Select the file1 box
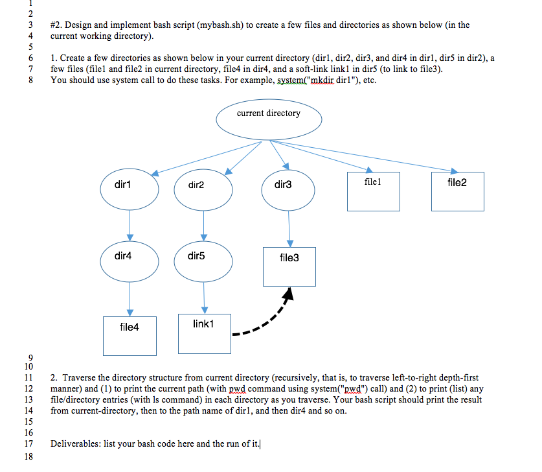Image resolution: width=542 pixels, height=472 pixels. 373,191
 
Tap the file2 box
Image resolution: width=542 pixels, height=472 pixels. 457,191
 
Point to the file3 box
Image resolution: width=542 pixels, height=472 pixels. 289,266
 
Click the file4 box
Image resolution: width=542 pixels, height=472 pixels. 130,335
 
